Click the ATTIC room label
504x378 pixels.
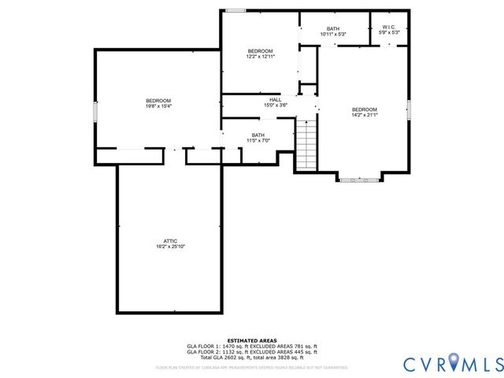(170, 240)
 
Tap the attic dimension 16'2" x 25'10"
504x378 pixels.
(170, 246)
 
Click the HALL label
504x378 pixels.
(275, 100)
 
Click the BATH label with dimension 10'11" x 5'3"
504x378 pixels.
(333, 28)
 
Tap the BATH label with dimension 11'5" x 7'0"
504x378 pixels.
(258, 135)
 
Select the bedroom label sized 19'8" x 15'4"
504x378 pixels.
(158, 100)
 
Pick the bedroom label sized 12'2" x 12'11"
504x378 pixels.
(260, 51)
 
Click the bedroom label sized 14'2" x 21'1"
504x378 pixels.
(364, 109)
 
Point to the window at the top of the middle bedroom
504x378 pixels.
(235, 10)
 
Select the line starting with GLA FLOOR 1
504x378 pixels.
(251, 346)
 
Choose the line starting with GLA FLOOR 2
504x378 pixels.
(251, 353)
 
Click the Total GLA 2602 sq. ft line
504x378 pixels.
(251, 359)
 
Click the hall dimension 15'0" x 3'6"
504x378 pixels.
(275, 106)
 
